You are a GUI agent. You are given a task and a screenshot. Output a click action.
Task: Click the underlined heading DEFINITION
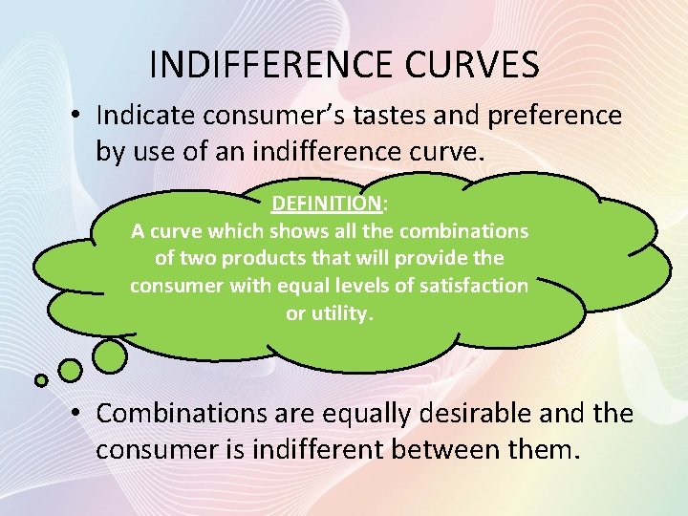[x=327, y=204]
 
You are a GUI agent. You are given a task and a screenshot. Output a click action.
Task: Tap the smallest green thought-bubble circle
[x=41, y=380]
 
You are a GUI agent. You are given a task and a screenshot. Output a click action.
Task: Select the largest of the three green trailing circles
[x=111, y=356]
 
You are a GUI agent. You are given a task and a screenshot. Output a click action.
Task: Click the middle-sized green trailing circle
[x=70, y=370]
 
